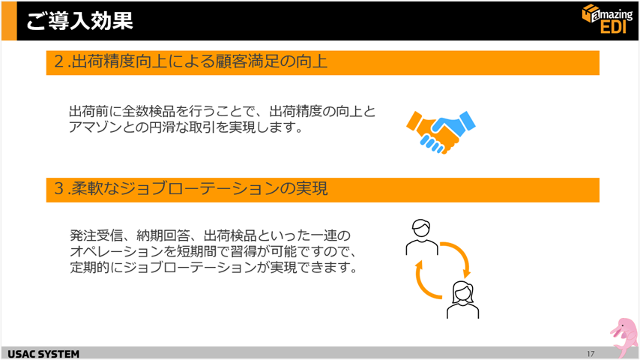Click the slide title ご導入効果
tap(80, 20)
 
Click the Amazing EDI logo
tap(607, 19)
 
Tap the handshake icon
tap(441, 132)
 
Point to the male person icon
tap(422, 237)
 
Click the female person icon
tap(462, 299)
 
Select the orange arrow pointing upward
tap(426, 282)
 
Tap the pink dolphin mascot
tap(624, 337)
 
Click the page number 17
tap(591, 354)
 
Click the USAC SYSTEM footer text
tap(43, 354)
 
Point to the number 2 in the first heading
tap(59, 62)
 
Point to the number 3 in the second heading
tap(59, 189)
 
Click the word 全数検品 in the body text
tap(148, 111)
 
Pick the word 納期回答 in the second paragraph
tap(163, 235)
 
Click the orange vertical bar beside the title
tap(9, 21)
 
